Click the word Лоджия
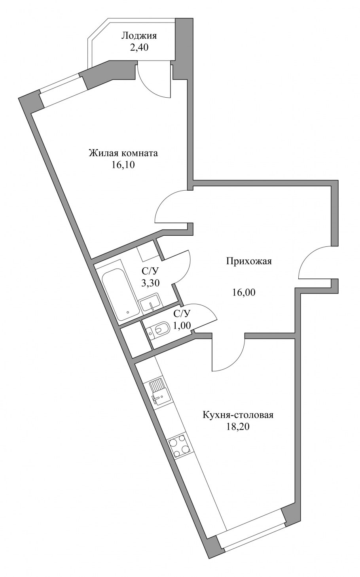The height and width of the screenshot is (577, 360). pyautogui.click(x=139, y=36)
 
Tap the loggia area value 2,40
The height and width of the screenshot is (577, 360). pyautogui.click(x=139, y=47)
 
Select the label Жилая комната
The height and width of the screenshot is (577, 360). pyautogui.click(x=123, y=153)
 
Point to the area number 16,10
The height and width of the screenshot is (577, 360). pyautogui.click(x=123, y=165)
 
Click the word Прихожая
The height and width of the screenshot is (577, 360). pyautogui.click(x=249, y=262)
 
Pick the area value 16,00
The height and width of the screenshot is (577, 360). pyautogui.click(x=244, y=293)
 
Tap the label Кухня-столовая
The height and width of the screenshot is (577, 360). pyautogui.click(x=238, y=415)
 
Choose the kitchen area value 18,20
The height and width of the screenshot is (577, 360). pyautogui.click(x=238, y=427)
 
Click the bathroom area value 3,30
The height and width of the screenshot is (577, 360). pyautogui.click(x=150, y=283)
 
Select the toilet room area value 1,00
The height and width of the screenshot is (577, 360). pyautogui.click(x=182, y=325)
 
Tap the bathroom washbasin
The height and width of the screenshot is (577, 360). pyautogui.click(x=151, y=304)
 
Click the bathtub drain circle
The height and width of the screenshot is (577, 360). pyautogui.click(x=128, y=312)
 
